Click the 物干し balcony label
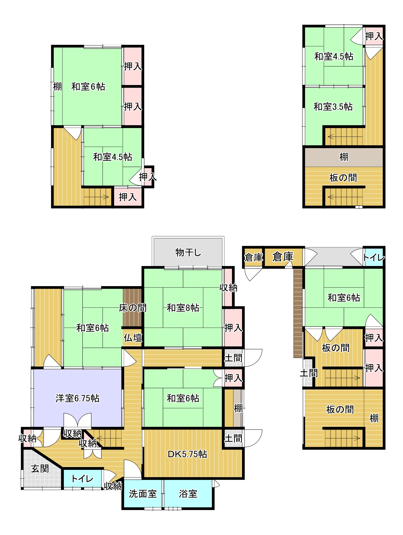point(188,252)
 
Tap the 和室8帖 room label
point(183,308)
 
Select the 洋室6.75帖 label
point(77,398)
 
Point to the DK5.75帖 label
point(187,454)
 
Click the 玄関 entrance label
point(40,468)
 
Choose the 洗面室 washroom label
point(143,494)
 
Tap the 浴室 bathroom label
point(188,494)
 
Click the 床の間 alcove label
point(133,308)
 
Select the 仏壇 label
point(133,338)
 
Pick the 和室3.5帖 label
point(333,107)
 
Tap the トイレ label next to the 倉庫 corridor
point(374,257)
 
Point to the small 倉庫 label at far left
point(253,257)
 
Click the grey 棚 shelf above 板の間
point(344,157)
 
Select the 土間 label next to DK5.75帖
point(233,438)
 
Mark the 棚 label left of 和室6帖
point(57,86)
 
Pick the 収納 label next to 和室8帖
point(228,287)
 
